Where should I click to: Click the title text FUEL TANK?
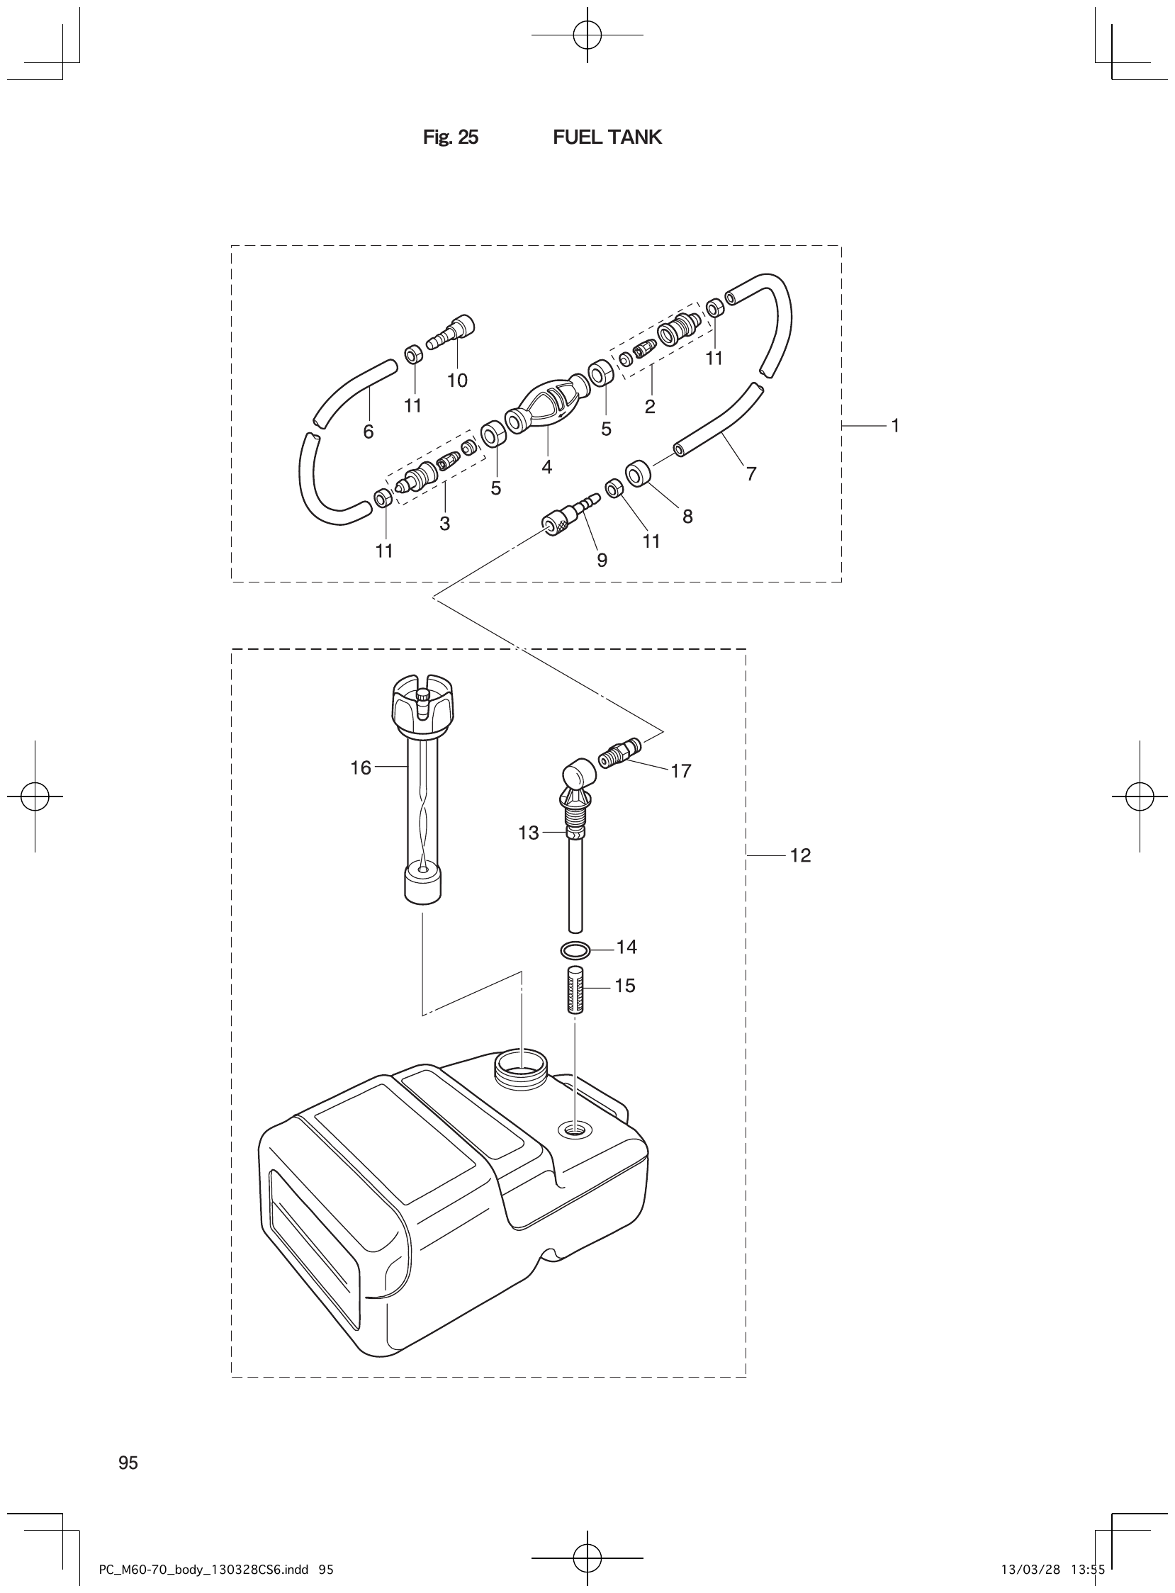[607, 137]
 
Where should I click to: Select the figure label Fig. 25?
[450, 137]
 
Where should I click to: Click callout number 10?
[457, 381]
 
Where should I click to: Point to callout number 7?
[751, 473]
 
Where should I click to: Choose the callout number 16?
[361, 768]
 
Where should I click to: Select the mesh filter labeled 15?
[575, 990]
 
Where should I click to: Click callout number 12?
[800, 855]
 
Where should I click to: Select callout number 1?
[896, 426]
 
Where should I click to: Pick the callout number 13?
[529, 833]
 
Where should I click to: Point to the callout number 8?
[687, 517]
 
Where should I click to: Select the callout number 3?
[444, 524]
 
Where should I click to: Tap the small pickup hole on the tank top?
[575, 1129]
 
